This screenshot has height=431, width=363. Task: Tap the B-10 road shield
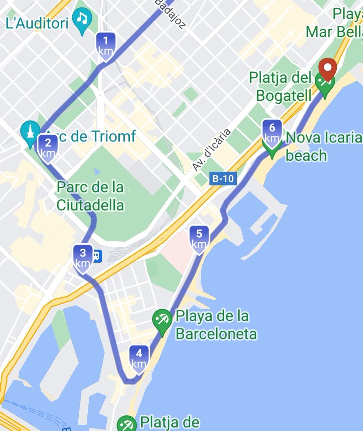coord(223,179)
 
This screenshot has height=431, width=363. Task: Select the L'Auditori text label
coord(37,24)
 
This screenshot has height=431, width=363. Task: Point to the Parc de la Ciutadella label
coord(91,196)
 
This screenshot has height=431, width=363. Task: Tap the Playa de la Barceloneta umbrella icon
coord(162,319)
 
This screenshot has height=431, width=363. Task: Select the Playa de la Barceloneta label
coord(216,325)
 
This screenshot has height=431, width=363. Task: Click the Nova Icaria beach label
coord(323,146)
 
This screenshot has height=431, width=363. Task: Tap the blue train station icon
coord(96,256)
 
